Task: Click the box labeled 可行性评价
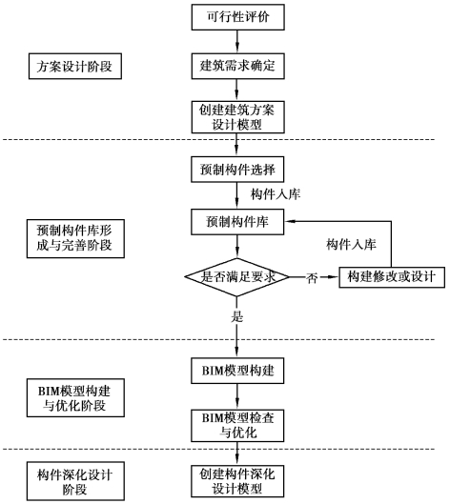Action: (238, 17)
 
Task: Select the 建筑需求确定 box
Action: (238, 66)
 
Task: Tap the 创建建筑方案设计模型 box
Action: (238, 117)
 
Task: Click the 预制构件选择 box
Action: (237, 170)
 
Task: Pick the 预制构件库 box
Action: (237, 222)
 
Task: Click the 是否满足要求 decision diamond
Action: (237, 277)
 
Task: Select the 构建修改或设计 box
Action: (392, 277)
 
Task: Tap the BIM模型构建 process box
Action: (237, 371)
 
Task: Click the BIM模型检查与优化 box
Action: (237, 426)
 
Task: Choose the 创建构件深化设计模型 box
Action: (237, 481)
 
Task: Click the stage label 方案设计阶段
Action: (75, 66)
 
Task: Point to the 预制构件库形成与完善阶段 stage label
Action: (75, 239)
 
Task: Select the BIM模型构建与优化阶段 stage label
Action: (75, 398)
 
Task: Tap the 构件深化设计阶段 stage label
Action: (75, 481)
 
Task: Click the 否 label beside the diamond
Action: (312, 278)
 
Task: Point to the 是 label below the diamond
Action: (237, 317)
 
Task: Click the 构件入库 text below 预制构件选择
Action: (276, 194)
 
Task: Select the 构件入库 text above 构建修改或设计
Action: (351, 245)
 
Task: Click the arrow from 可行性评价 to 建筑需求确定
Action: (237, 42)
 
